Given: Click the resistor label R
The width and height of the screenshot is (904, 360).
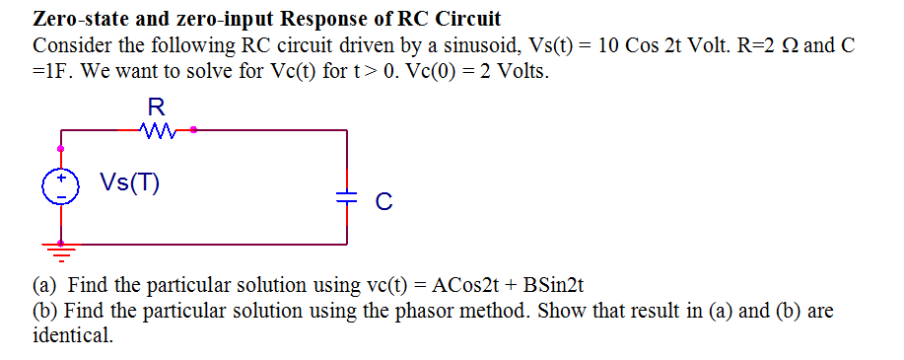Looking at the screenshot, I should [156, 106].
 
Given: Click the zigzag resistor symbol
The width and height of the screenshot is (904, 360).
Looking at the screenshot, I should [157, 129].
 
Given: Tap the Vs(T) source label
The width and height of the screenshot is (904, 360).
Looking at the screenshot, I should [130, 183].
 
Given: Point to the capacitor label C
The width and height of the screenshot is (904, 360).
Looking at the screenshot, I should [384, 202].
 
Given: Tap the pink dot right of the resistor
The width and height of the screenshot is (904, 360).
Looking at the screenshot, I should [193, 129].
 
